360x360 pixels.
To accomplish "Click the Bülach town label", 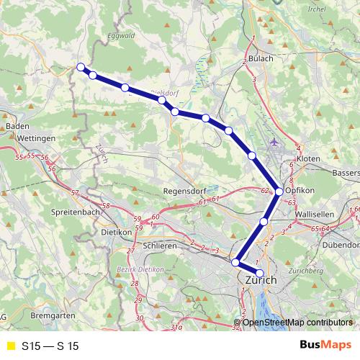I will tap(261, 58).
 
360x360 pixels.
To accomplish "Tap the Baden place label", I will tap(17, 125).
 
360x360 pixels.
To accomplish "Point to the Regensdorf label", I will tap(185, 192).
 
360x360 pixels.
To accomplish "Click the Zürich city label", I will tap(261, 279).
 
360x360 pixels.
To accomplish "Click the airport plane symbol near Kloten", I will tap(274, 141).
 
